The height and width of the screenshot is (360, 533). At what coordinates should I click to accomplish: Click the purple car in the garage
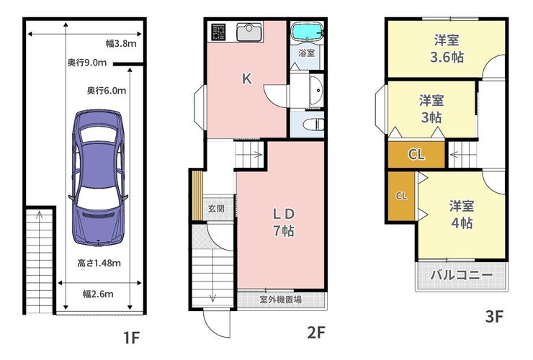[x=98, y=177]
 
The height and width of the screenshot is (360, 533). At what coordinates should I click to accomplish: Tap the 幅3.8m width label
[x=121, y=43]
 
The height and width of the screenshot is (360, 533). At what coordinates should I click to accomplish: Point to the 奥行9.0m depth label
[x=87, y=63]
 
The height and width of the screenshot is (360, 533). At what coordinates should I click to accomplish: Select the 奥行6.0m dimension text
[x=107, y=91]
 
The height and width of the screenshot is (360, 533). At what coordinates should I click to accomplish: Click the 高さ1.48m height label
[x=99, y=263]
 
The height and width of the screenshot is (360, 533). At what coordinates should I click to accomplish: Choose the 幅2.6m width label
[x=98, y=294]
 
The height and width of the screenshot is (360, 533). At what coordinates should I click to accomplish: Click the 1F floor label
[x=131, y=338]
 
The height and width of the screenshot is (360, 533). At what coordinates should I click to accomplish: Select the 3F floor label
[x=494, y=317]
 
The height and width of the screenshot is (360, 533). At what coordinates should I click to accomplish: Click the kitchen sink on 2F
[x=249, y=32]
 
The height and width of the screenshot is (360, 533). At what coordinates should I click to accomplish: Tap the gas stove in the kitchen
[x=218, y=32]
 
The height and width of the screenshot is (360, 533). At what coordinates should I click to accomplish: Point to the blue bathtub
[x=308, y=32]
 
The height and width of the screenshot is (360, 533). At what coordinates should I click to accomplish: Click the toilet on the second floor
[x=313, y=125]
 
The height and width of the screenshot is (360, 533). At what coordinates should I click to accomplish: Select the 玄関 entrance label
[x=216, y=208]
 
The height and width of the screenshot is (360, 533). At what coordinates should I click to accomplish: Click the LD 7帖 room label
[x=284, y=222]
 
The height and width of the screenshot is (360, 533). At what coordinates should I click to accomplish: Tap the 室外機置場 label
[x=280, y=300]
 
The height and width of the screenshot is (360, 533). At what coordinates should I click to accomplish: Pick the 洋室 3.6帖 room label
[x=447, y=49]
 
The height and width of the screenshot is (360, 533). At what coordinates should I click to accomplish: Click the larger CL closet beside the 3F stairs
[x=416, y=154]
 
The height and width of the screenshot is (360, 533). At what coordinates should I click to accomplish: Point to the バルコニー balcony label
[x=461, y=274]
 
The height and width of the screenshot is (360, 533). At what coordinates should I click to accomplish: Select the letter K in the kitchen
[x=247, y=79]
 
